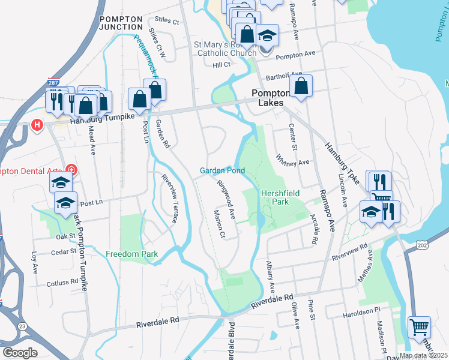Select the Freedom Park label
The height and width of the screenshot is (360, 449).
tap(132, 254)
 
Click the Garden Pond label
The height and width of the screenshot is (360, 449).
tap(222, 171)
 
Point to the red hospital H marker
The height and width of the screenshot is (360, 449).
tap(37, 125)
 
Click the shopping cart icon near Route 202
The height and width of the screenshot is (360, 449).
tap(419, 327)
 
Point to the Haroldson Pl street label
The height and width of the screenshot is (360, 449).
tap(363, 310)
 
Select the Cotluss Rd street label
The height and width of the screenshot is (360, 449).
tap(63, 281)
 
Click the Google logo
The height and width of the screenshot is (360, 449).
tap(20, 353)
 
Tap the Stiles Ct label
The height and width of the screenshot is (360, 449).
tap(167, 22)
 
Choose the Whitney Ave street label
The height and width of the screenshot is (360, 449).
tap(292, 161)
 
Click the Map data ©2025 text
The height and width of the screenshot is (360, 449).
tap(423, 355)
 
